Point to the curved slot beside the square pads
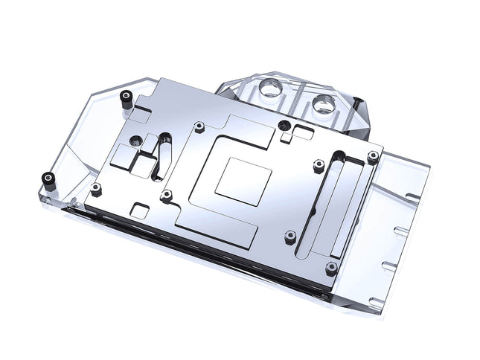pyautogui.click(x=158, y=158)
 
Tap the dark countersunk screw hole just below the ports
pyautogui.click(x=282, y=125)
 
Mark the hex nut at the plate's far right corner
pyautogui.click(x=372, y=157)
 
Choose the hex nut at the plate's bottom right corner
pyautogui.click(x=331, y=266)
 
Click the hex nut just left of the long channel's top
pyautogui.click(x=318, y=164)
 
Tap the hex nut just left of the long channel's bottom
pyautogui.click(x=290, y=237)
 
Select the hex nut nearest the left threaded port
pyautogui.click(x=199, y=127)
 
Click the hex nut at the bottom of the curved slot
pyautogui.click(x=167, y=195)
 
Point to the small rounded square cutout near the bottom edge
pyautogui.click(x=138, y=210)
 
